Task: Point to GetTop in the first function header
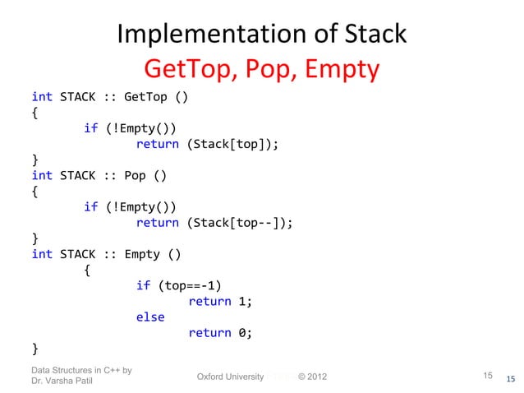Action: tap(145, 97)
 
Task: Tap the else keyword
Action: tap(150, 317)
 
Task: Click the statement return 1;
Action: tap(220, 301)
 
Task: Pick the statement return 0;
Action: tap(220, 332)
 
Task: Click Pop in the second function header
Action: tap(137, 175)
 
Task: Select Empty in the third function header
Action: tap(142, 254)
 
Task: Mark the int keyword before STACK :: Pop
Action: tap(42, 175)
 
